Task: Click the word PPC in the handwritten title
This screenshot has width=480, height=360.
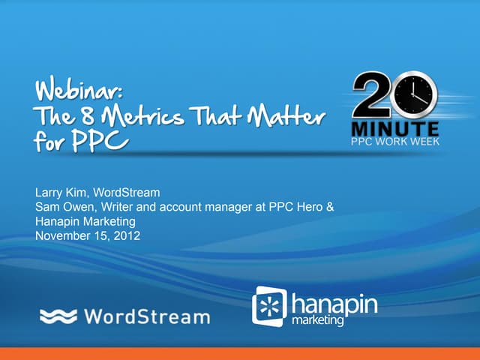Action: point(102,141)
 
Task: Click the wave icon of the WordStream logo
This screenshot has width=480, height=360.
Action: point(58,316)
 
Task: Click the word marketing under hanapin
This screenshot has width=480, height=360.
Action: point(318,320)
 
